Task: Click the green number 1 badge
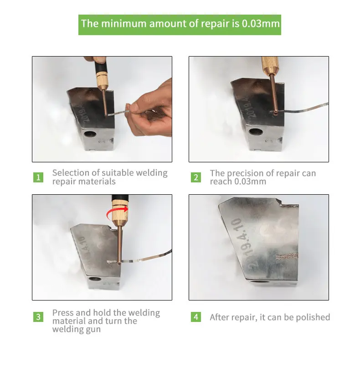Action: [x=38, y=177]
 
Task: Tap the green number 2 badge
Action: [x=196, y=177]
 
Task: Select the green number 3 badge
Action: [x=38, y=317]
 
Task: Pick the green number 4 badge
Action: [x=196, y=317]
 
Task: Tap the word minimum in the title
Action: [x=123, y=24]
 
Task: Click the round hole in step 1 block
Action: [x=90, y=134]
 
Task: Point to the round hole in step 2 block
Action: [x=256, y=132]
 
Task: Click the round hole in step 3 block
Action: [x=94, y=279]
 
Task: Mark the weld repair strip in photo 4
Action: [x=287, y=256]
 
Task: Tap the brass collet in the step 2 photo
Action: [x=270, y=65]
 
